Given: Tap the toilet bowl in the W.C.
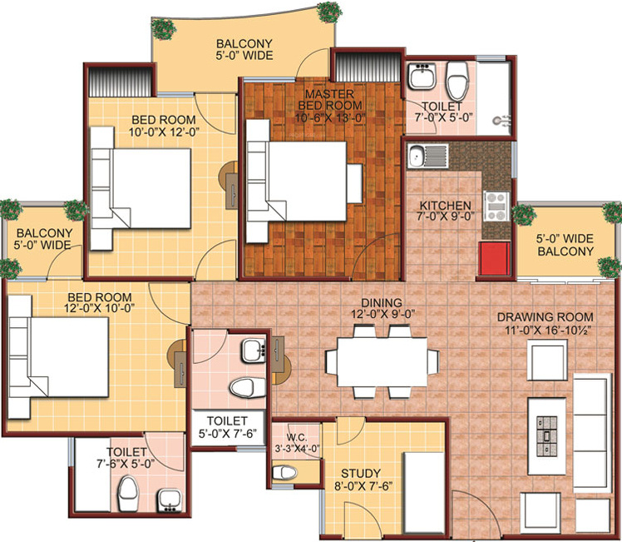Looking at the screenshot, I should pos(285,473).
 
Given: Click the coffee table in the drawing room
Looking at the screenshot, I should pos(547,426).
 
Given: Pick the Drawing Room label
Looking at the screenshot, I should pos(545,317).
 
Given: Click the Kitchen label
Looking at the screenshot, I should pos(445,206).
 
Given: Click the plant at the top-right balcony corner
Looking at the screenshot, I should pos(328,11).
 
